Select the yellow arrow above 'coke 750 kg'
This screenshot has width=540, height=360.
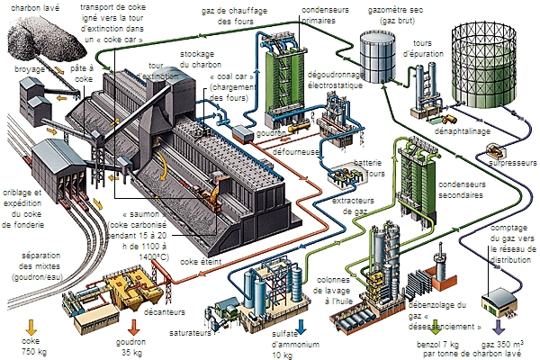point(31,326)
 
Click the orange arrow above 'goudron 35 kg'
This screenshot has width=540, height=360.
point(133,326)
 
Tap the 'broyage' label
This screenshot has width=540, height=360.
point(29,68)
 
